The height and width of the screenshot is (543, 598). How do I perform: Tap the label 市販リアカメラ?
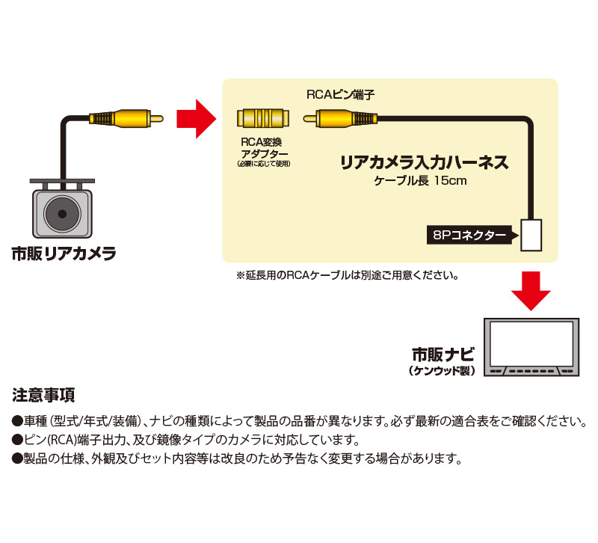64,254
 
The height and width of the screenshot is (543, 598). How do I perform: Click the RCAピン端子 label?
340,95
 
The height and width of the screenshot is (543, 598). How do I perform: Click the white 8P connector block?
531,235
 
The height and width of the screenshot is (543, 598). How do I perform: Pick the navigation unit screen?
530,344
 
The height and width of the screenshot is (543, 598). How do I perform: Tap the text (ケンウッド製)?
443,369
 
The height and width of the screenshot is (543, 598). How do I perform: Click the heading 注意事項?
43,394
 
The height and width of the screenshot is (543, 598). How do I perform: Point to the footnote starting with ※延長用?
347,275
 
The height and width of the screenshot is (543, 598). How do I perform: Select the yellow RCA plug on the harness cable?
340,117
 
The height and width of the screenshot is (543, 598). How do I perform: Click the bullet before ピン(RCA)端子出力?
18,440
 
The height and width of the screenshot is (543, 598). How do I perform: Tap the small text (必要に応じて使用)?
262,163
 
